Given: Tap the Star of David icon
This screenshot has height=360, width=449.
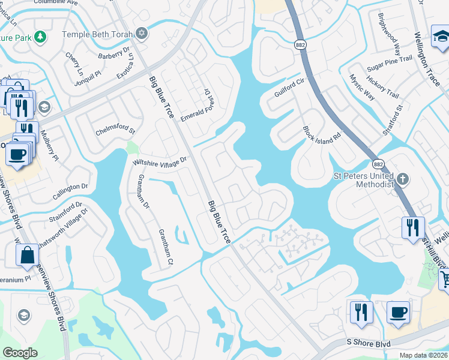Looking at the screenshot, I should pyautogui.click(x=142, y=33).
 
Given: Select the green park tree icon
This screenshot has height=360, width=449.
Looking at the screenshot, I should pyautogui.click(x=41, y=37).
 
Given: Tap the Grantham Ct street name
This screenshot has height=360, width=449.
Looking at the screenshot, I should pyautogui.click(x=166, y=247).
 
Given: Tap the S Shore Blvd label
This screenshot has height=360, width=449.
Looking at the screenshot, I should pyautogui.click(x=369, y=343).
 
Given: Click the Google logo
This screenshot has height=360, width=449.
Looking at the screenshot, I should pyautogui.click(x=20, y=352).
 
